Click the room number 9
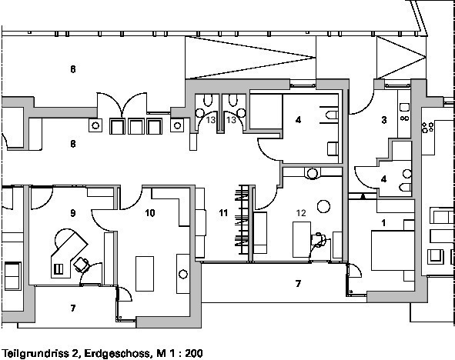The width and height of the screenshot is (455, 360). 73,213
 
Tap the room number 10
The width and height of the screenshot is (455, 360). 149,213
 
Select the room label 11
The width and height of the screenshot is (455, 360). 223,213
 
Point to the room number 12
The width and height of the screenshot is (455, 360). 301,213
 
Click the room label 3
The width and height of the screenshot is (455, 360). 384,120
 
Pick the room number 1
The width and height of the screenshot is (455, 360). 383,223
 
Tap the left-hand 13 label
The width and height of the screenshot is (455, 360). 211,120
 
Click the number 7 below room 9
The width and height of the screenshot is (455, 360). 73,308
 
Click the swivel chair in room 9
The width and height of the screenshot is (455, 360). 82,265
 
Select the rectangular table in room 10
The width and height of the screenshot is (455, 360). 145,274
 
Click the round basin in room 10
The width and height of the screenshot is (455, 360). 183,274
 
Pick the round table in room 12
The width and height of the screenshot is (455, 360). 323,206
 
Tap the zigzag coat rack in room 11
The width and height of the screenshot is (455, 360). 243,219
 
